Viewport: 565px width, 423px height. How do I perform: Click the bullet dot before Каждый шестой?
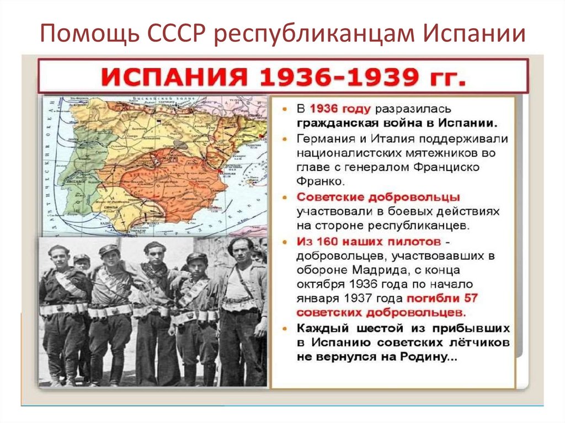285,329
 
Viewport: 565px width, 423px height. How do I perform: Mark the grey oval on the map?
179,144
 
